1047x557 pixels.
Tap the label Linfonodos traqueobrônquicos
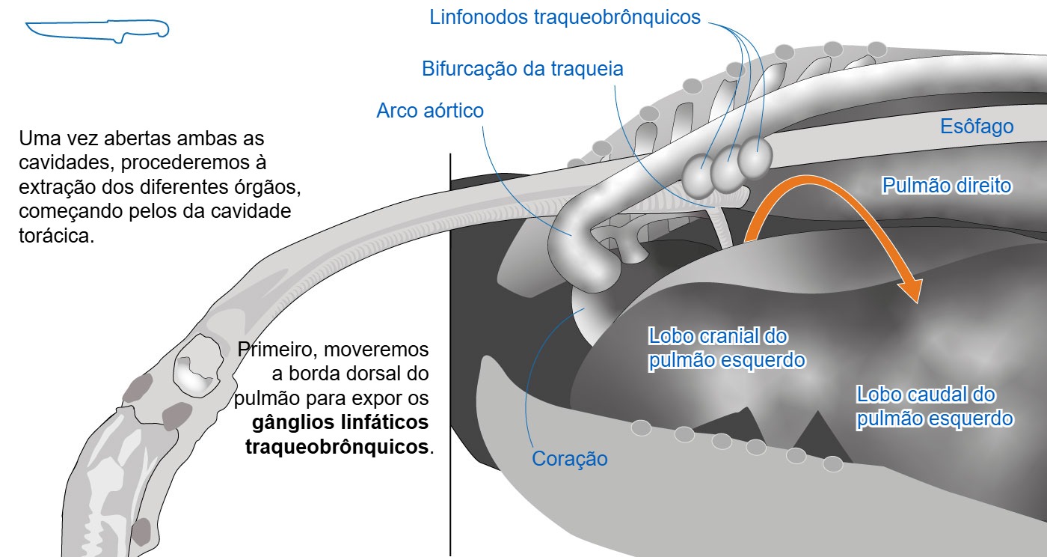point(565,17)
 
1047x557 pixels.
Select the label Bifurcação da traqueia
point(523,69)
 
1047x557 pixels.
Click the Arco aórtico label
point(430,111)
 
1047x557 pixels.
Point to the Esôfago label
point(977,127)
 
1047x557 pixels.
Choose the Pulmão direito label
point(947,186)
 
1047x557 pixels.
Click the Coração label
point(570,459)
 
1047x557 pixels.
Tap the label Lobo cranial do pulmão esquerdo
point(727,348)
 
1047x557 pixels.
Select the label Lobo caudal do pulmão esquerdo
point(935,407)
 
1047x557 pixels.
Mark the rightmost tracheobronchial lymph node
point(755,156)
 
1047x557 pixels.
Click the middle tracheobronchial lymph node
point(727,167)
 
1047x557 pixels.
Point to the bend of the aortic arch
point(576,262)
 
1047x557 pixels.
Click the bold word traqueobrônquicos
point(337,446)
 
